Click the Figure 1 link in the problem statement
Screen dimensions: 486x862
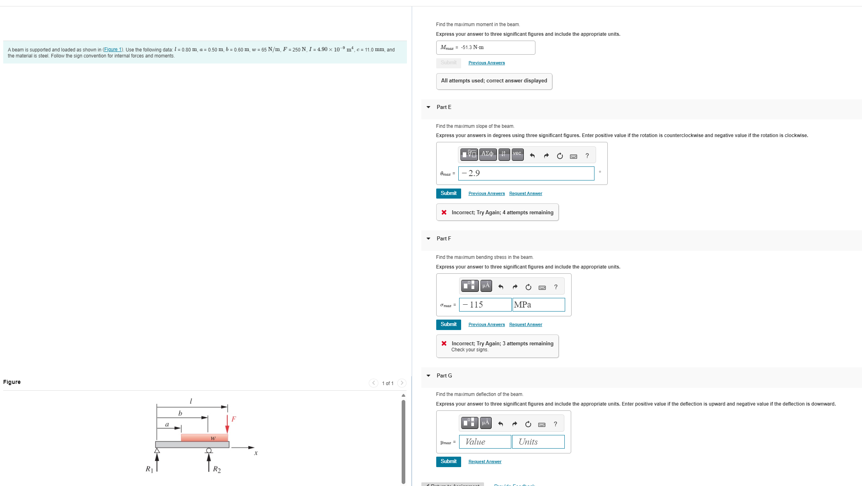112,49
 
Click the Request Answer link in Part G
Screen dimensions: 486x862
484,461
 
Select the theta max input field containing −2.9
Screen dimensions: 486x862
526,173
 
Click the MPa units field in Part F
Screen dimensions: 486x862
538,305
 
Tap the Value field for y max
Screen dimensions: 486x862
485,442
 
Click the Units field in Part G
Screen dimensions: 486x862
538,442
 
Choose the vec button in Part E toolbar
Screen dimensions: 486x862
517,154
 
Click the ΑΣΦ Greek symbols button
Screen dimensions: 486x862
487,154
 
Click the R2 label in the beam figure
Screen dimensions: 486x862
217,469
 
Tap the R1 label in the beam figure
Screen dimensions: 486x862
149,469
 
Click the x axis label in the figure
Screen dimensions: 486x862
256,453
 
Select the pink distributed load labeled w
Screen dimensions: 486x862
204,438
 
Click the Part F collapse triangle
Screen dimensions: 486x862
428,239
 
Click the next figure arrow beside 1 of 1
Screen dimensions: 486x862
402,383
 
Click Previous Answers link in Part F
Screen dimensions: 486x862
486,324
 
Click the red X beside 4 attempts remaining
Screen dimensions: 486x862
444,212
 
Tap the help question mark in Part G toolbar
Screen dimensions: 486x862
555,424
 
